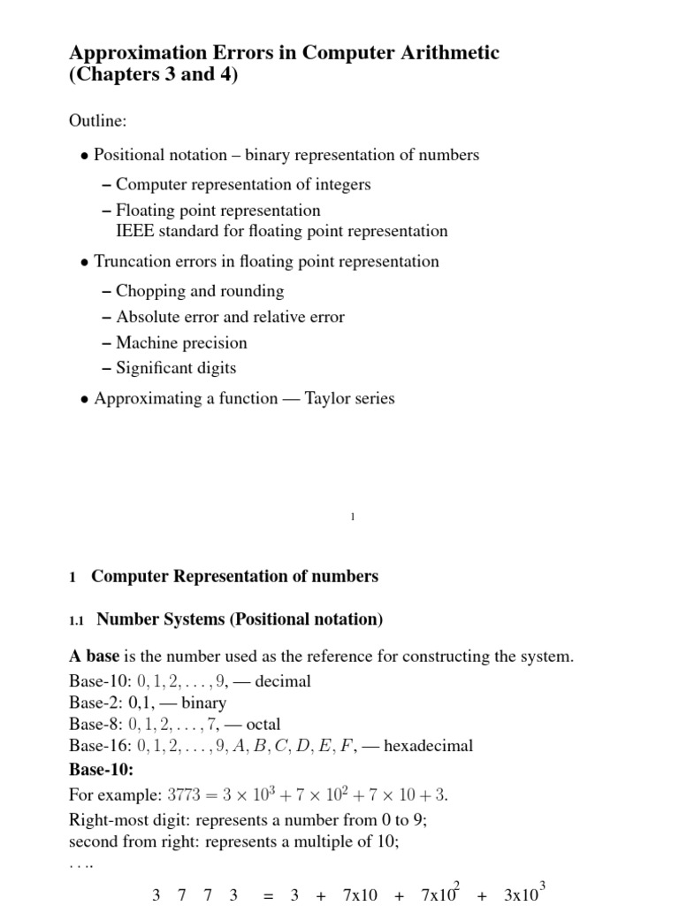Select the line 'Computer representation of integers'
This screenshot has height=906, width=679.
tap(243, 185)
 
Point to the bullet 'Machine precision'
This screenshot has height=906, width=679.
tap(181, 342)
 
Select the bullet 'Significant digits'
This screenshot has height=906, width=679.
tap(176, 368)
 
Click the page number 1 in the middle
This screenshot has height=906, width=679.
tap(352, 518)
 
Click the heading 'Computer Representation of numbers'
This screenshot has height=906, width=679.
tap(234, 577)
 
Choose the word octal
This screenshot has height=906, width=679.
tap(263, 725)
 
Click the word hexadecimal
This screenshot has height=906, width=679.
tap(429, 746)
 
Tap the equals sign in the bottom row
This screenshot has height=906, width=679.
tap(267, 895)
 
